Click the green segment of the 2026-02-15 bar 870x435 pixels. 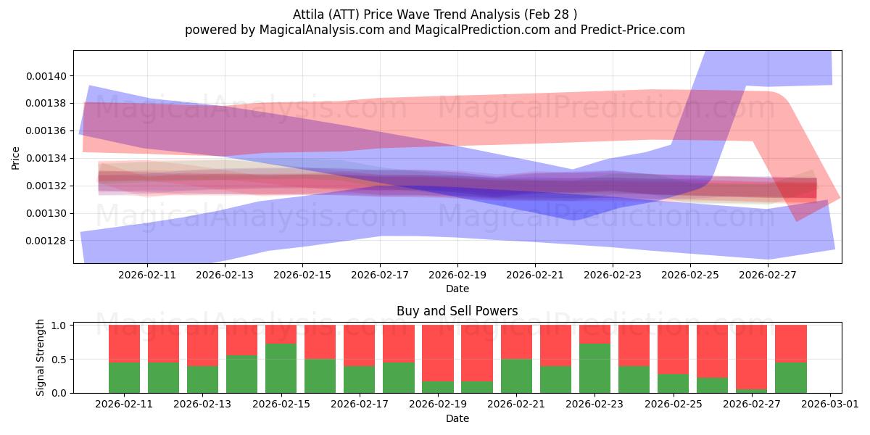pos(281,368)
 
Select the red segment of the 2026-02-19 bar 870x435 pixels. pos(438,353)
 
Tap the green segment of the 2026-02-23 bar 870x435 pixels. pos(594,368)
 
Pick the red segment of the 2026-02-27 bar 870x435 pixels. pos(751,357)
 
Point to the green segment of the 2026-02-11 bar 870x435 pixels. pos(124,378)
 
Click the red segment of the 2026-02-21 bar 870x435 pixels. pos(516,341)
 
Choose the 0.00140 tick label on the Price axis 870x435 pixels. pos(46,76)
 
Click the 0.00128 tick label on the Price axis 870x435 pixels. pos(46,241)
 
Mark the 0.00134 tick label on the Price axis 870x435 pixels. pos(46,159)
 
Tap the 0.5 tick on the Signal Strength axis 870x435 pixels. pos(59,360)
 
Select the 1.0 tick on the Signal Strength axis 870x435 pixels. pos(59,325)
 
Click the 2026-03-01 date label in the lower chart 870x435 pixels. pos(830,405)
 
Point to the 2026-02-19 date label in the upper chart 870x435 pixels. pos(457,275)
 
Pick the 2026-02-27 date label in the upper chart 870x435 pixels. pos(768,275)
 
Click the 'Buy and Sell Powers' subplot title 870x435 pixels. pos(457,311)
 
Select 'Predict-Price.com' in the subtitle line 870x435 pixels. pos(633,30)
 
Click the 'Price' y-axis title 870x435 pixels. pos(15,159)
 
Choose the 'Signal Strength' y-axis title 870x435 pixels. pos(40,357)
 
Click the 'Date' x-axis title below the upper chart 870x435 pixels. pos(457,289)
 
